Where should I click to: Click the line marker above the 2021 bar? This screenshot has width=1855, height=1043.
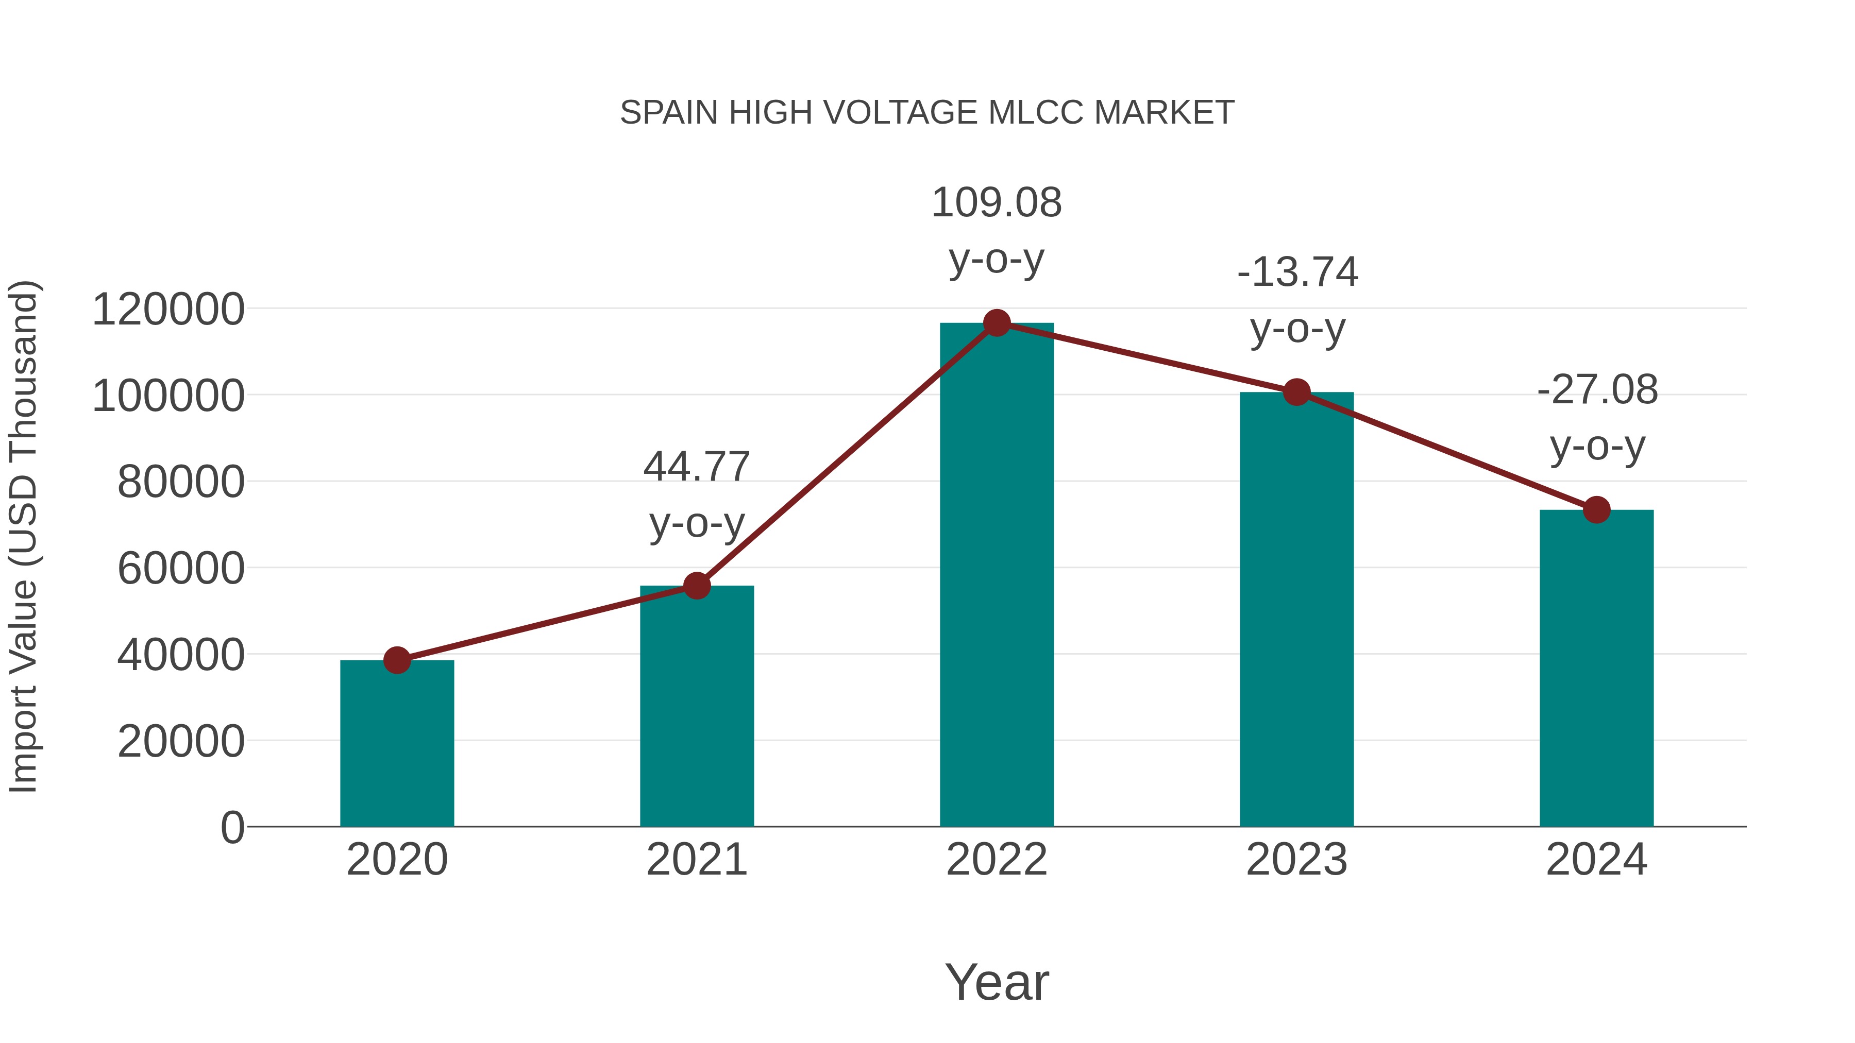tap(696, 586)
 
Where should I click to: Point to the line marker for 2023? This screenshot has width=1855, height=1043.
tap(1296, 392)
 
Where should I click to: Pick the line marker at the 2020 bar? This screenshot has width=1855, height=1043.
tap(397, 660)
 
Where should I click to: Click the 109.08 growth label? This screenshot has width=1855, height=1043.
tap(997, 203)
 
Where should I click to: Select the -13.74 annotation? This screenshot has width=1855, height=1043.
tap(1297, 273)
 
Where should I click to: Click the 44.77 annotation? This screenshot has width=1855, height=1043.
tap(696, 467)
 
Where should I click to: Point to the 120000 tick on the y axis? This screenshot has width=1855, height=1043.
tap(168, 310)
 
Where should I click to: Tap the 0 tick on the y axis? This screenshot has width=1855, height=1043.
tap(232, 828)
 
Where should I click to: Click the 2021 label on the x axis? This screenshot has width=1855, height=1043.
tap(696, 860)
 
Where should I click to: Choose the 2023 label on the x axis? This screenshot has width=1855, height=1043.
tap(1296, 860)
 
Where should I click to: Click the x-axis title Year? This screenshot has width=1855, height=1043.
tap(997, 983)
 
